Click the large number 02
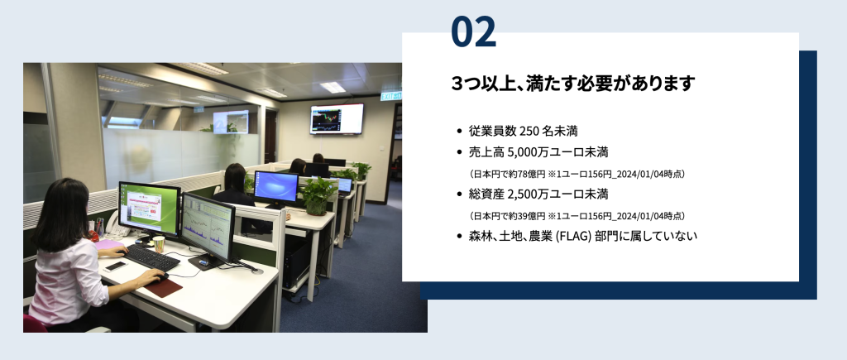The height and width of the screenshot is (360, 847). pos(473,31)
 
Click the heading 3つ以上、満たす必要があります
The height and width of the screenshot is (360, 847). pos(572,84)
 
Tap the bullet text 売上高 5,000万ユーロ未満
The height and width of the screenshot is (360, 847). pos(538,152)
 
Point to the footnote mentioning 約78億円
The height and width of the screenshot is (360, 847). pos(577,174)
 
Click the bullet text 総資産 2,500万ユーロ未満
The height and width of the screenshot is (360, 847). pos(538,194)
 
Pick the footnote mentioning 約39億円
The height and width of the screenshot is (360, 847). pos(577,216)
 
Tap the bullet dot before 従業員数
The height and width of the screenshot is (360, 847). pos(459,132)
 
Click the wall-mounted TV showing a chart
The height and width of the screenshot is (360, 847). pos(337,119)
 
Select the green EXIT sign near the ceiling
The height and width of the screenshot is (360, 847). pos(390,96)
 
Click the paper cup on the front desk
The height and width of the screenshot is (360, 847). pos(159,244)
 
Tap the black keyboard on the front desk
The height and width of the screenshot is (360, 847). pos(152,258)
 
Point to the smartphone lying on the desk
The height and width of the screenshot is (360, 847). pos(115,266)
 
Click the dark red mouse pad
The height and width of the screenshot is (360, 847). pos(163,287)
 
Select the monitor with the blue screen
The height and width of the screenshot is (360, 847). pos(276,186)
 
